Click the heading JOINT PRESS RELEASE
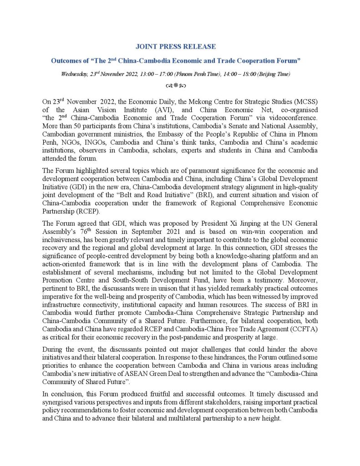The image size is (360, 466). tap(176, 46)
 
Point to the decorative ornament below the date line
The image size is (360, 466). tap(176, 85)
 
